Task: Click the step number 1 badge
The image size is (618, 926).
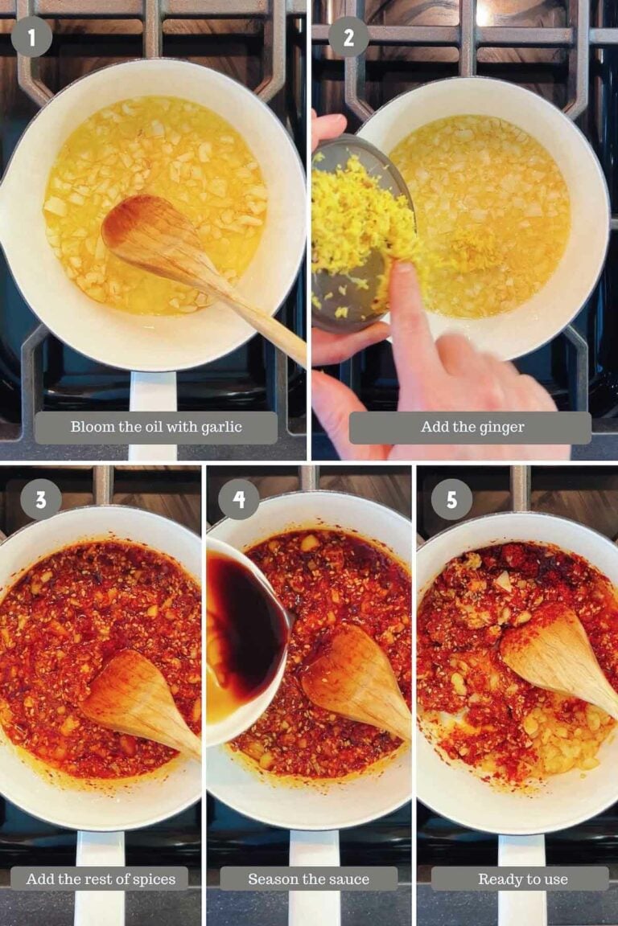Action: pyautogui.click(x=31, y=37)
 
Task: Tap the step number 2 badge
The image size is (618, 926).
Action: pyautogui.click(x=348, y=37)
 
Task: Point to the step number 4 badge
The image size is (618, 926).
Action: pyautogui.click(x=239, y=500)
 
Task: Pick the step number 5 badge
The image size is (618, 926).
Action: pyautogui.click(x=451, y=500)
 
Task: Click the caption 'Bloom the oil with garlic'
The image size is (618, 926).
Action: pyautogui.click(x=156, y=428)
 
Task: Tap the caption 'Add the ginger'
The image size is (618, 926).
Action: pyautogui.click(x=472, y=428)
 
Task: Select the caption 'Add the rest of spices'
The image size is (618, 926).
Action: pyautogui.click(x=101, y=879)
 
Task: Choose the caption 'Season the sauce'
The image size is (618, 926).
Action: pyautogui.click(x=308, y=879)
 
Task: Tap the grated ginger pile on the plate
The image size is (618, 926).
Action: pyautogui.click(x=354, y=209)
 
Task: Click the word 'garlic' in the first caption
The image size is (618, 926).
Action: pyautogui.click(x=220, y=428)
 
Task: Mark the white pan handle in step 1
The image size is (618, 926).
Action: pyautogui.click(x=153, y=394)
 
